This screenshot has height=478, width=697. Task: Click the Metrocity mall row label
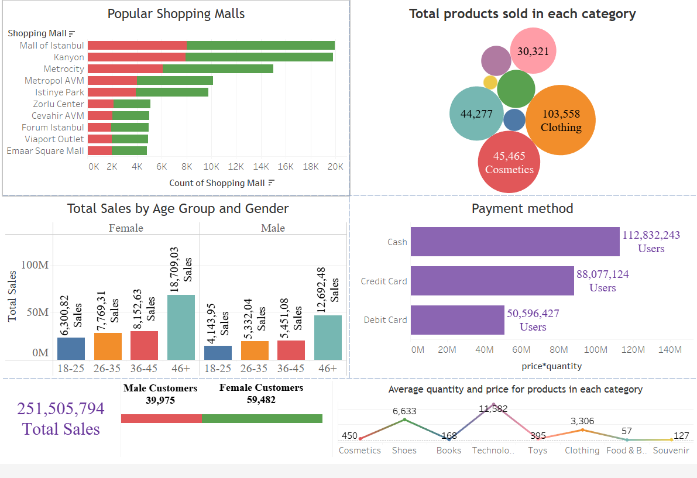click(x=64, y=69)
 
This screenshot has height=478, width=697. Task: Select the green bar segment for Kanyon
click(x=259, y=57)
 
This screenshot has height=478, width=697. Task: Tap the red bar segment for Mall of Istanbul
click(x=137, y=46)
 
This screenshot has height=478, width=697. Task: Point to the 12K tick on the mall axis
click(x=236, y=167)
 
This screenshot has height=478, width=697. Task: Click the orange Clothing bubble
click(x=561, y=120)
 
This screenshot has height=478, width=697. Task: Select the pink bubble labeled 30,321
click(x=533, y=51)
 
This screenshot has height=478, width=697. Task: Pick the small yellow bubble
click(x=490, y=82)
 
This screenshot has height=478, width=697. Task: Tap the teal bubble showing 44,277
click(x=476, y=114)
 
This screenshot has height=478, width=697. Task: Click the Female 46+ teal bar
click(x=181, y=327)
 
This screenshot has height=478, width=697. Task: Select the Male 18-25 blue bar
click(x=218, y=353)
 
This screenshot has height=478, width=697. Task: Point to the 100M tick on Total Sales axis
click(x=35, y=265)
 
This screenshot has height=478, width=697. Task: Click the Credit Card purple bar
click(x=492, y=281)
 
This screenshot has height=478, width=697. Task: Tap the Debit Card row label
click(x=385, y=320)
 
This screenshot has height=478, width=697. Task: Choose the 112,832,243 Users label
click(x=651, y=242)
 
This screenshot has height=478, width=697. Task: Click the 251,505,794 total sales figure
click(x=61, y=409)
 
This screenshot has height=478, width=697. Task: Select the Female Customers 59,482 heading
click(x=261, y=394)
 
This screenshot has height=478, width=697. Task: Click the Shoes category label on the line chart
click(x=404, y=451)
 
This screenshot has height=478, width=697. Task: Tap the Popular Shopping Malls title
click(x=176, y=14)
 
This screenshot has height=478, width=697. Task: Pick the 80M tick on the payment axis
click(x=559, y=350)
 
